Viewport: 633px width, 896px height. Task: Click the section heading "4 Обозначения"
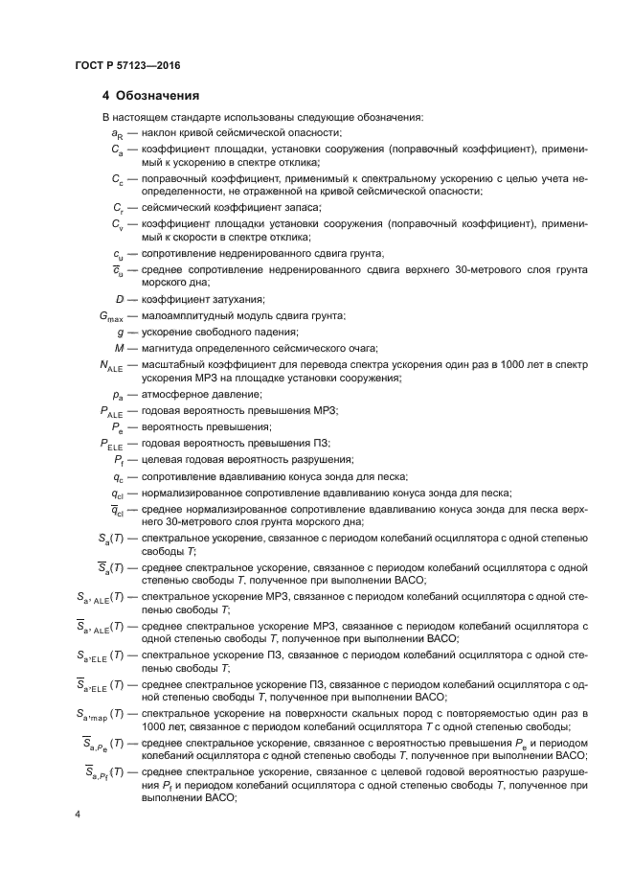tap(150, 96)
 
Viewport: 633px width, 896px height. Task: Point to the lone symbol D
tap(119, 300)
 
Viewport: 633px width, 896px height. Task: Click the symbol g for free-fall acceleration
tap(120, 332)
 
